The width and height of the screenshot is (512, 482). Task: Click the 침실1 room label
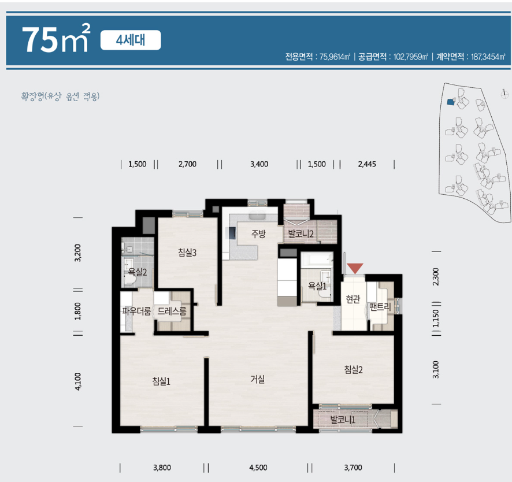pos(161,381)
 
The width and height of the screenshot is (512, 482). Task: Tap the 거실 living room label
pos(258,379)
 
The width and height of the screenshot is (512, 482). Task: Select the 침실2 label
pos(353,370)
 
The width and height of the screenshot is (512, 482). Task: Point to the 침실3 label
pos(187,253)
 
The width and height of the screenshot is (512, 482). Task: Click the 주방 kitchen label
pos(258,233)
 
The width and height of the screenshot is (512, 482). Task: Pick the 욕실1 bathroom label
pos(317,286)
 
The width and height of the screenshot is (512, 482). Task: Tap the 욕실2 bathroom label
pos(138,272)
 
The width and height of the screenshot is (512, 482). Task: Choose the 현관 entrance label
pos(353,298)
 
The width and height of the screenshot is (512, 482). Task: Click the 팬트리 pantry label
pos(380,307)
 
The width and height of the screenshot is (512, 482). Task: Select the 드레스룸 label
pos(172,311)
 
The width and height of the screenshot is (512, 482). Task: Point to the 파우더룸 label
pos(136,311)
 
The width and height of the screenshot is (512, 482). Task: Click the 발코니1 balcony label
pos(343,420)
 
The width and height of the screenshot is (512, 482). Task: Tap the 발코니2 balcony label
pos(300,234)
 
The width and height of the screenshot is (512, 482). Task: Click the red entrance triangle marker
pos(355,268)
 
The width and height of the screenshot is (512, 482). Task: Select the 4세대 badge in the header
pos(131,40)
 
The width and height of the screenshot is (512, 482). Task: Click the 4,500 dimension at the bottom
pos(258,468)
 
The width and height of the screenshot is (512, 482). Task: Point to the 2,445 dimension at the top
pos(367,164)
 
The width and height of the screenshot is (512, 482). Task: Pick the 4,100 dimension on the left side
pos(78,381)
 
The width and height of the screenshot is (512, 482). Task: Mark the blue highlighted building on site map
pos(451,102)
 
